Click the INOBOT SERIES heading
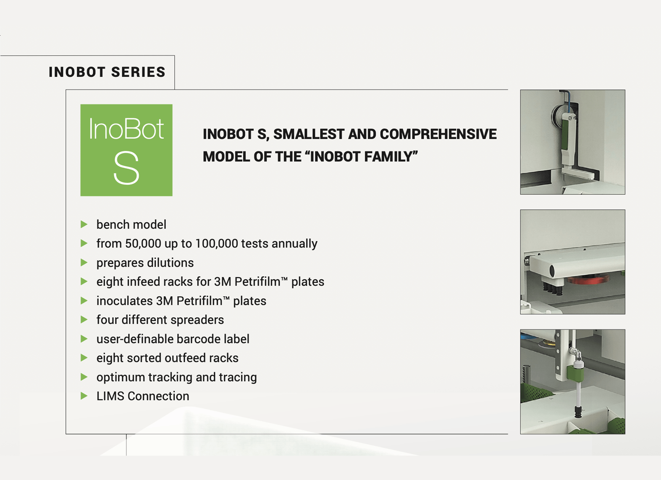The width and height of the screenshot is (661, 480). click(107, 72)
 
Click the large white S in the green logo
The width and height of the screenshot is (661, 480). click(126, 168)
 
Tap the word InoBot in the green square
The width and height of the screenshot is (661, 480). click(126, 129)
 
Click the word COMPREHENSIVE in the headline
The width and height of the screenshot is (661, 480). click(438, 134)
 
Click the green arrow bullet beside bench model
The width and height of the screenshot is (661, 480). click(84, 224)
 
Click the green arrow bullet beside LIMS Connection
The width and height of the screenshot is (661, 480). click(84, 396)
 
